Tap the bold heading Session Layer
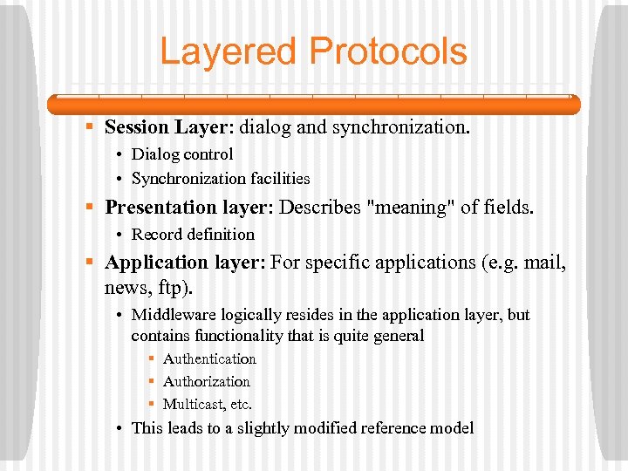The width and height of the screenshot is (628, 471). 165,127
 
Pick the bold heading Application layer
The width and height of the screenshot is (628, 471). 183,263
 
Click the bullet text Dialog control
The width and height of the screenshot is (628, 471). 181,154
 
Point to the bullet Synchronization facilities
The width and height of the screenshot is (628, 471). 220,179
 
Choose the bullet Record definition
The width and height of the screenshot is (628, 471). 193,235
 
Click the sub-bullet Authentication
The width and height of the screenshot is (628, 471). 209,359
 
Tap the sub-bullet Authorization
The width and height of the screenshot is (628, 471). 206,382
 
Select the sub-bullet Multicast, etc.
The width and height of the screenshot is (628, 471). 207,405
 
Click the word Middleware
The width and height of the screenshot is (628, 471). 171,315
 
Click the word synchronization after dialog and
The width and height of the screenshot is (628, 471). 399,127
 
